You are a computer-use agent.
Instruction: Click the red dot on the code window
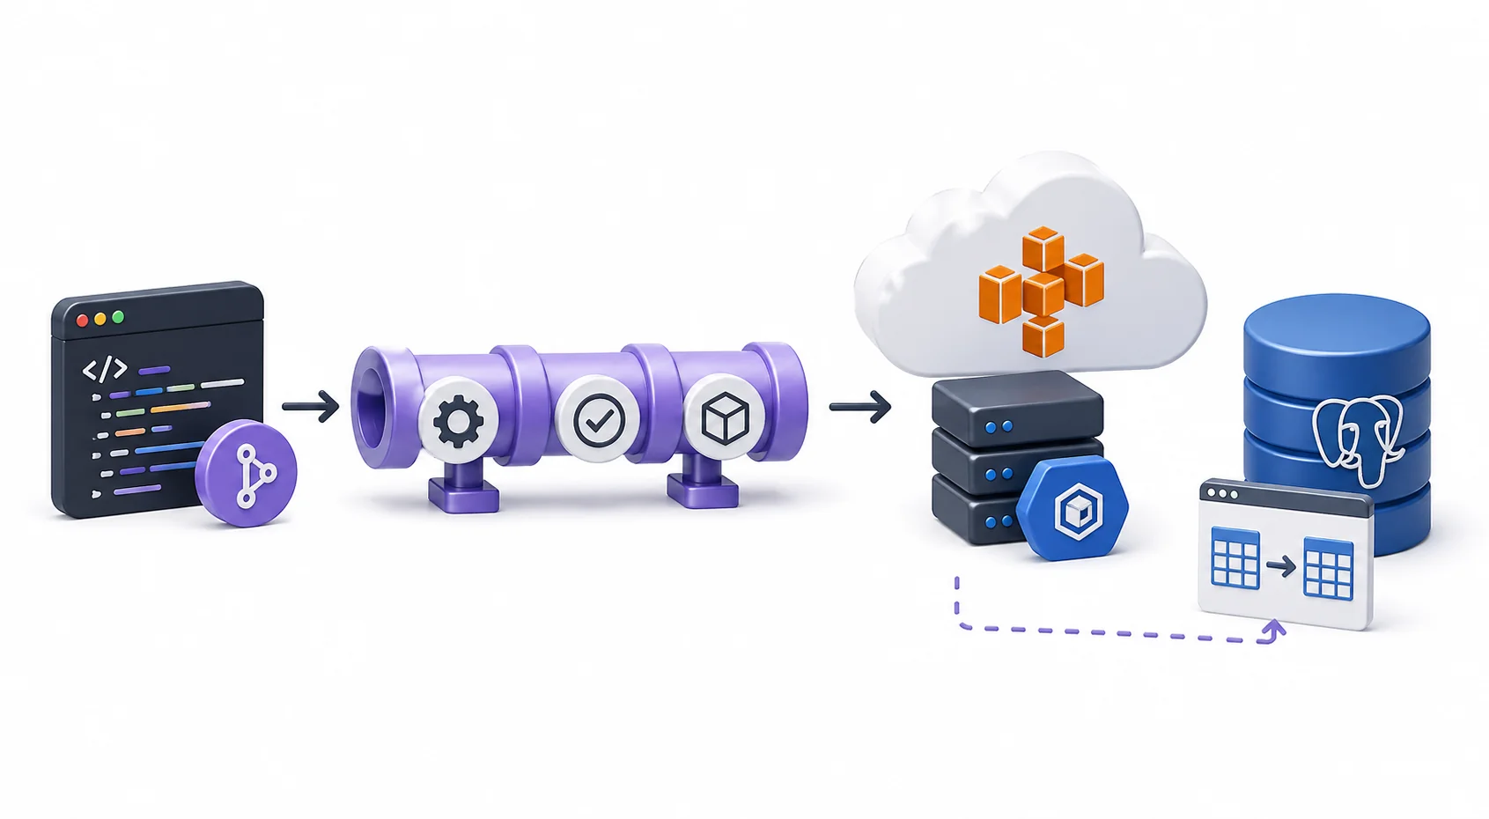click(x=83, y=321)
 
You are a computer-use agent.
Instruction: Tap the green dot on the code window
click(x=118, y=317)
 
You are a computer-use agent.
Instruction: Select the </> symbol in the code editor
click(x=105, y=369)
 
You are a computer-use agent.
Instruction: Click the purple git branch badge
click(x=246, y=473)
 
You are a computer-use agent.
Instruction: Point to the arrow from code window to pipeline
click(x=311, y=406)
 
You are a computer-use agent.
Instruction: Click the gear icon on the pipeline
click(x=459, y=421)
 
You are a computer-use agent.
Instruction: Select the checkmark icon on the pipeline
click(x=599, y=420)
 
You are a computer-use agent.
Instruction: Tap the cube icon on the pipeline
click(x=724, y=418)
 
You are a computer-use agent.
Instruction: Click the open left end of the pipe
click(x=372, y=407)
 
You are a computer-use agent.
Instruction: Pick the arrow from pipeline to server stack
click(x=860, y=406)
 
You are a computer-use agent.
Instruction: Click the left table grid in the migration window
click(x=1235, y=557)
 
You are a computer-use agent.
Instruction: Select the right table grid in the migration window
click(x=1328, y=569)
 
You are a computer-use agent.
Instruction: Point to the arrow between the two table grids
click(x=1281, y=566)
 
